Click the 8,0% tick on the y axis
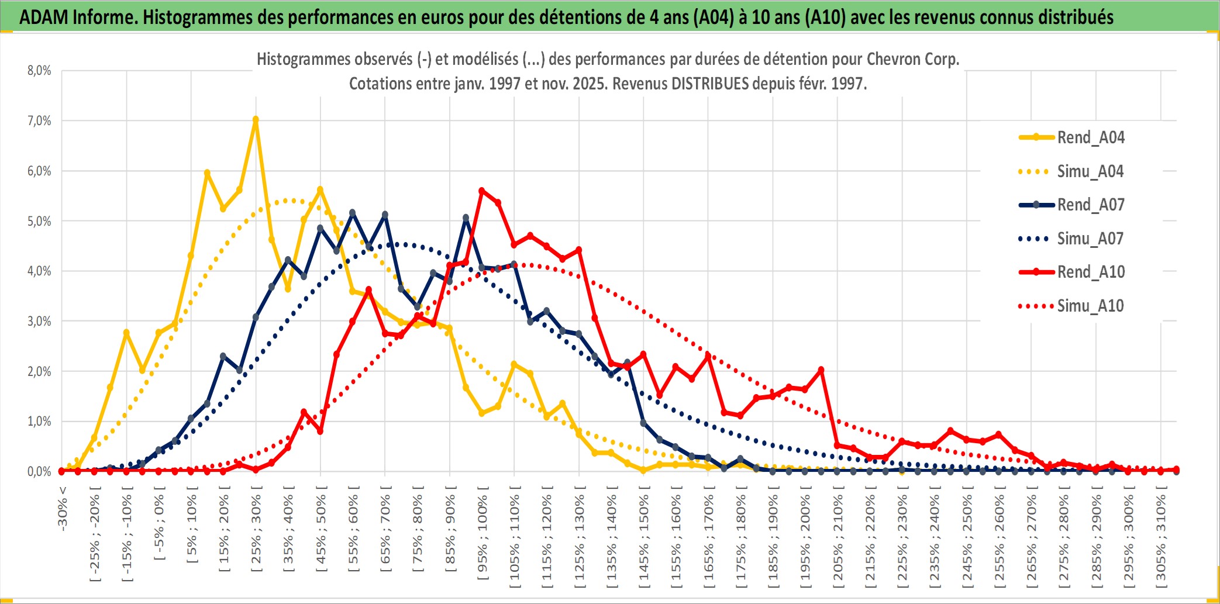coord(39,71)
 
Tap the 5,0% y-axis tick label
coord(39,221)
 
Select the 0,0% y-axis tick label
coord(39,471)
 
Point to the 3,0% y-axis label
coord(39,321)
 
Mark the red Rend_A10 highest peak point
coord(482,191)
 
